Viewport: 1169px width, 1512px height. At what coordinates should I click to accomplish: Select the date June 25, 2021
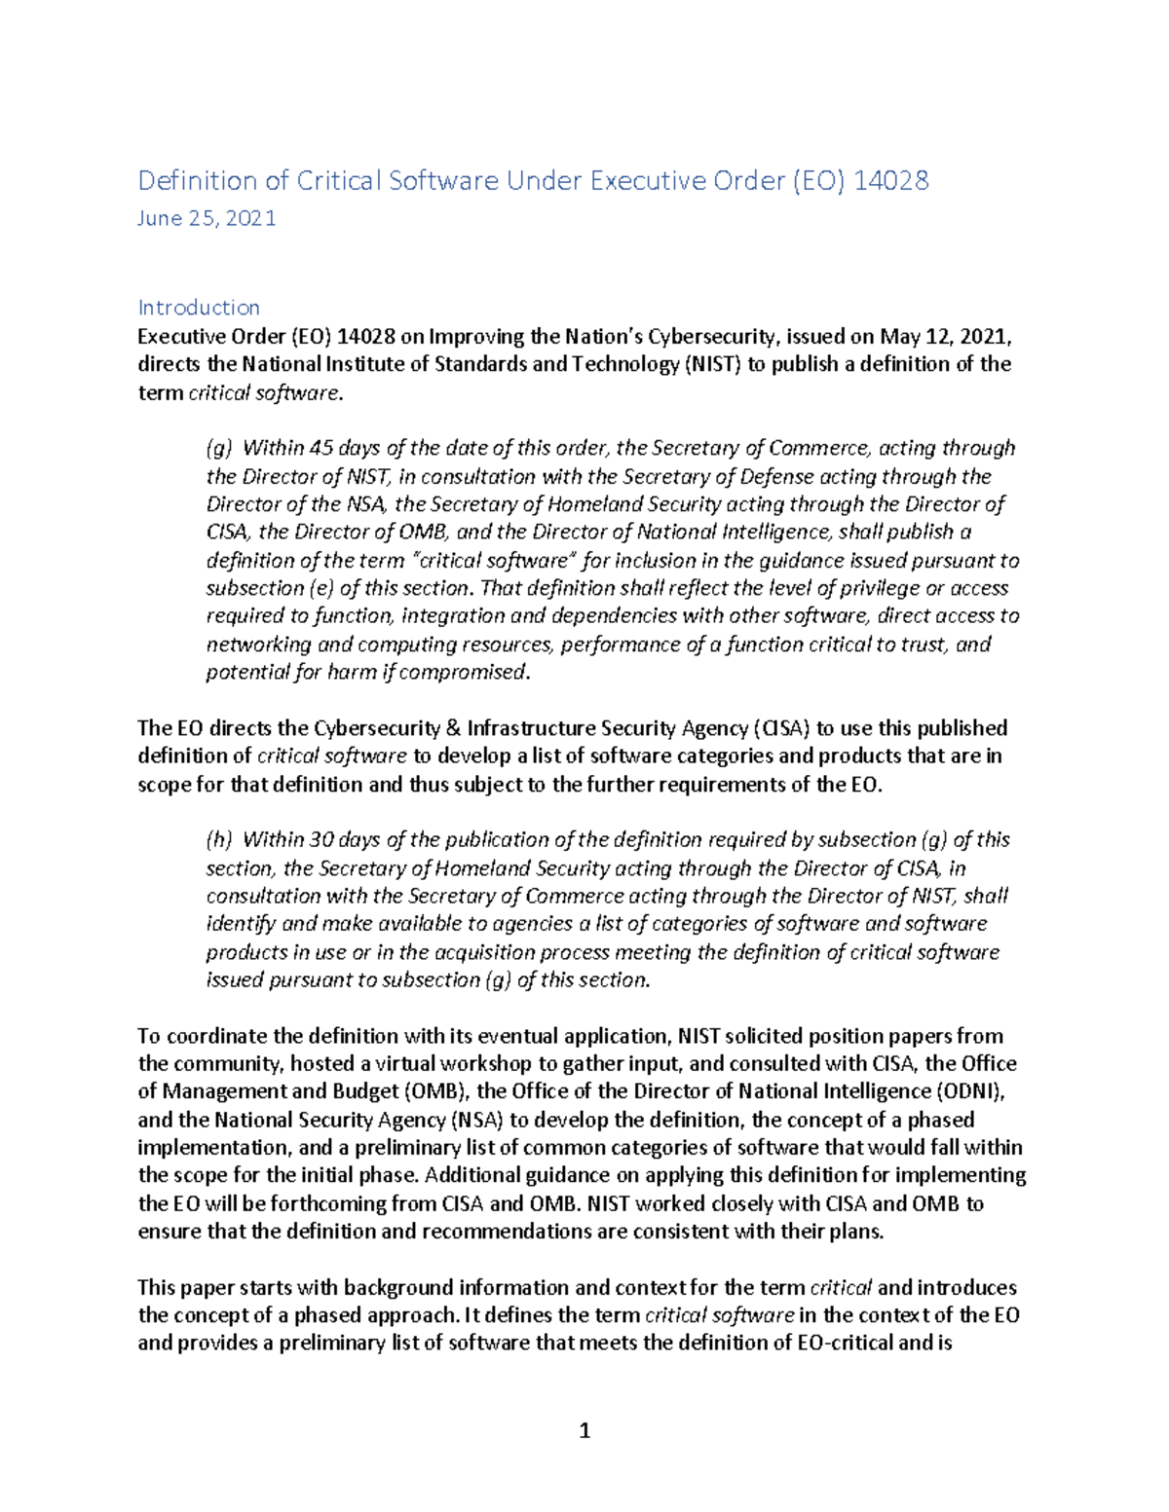click(x=207, y=218)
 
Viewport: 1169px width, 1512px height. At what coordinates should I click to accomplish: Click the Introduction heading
click(x=199, y=308)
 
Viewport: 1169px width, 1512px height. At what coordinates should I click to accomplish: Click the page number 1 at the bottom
click(x=584, y=1430)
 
